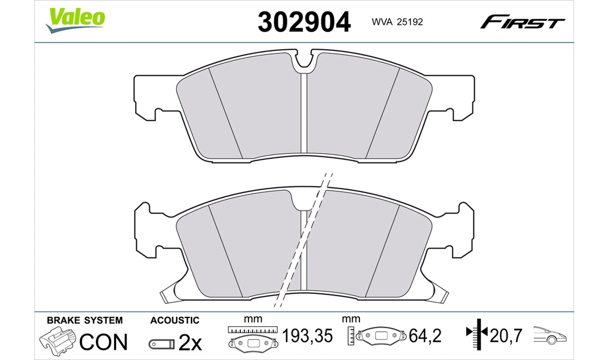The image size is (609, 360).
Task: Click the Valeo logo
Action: [75, 20]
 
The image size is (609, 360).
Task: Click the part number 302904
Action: [304, 22]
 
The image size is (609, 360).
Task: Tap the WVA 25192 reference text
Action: [397, 22]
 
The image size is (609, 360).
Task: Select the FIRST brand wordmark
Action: [523, 22]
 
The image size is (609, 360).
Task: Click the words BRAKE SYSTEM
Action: [85, 320]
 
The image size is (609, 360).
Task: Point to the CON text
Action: [104, 342]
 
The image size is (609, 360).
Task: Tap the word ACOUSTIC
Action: [175, 320]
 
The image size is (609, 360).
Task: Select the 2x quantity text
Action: [190, 342]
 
